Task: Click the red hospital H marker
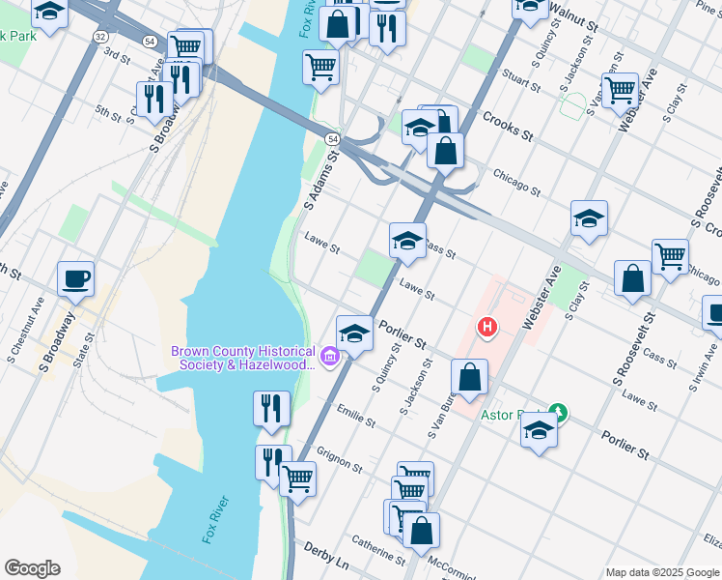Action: pyautogui.click(x=487, y=328)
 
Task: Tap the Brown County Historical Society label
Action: pyautogui.click(x=243, y=358)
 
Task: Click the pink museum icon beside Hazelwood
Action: pyautogui.click(x=330, y=358)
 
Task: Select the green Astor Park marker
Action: pyautogui.click(x=557, y=413)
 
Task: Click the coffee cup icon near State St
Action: pyautogui.click(x=75, y=279)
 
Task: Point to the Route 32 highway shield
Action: pyautogui.click(x=100, y=36)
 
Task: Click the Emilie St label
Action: pyautogui.click(x=356, y=418)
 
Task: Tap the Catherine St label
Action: pyautogui.click(x=377, y=550)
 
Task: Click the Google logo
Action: pyautogui.click(x=31, y=568)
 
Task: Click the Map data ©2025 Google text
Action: pyautogui.click(x=662, y=572)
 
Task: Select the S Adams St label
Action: pyautogui.click(x=322, y=178)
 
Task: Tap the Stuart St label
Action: pyautogui.click(x=521, y=80)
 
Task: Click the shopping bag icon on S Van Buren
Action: pyautogui.click(x=469, y=379)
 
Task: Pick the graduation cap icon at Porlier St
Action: pyautogui.click(x=355, y=335)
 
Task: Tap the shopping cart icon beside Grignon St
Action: pyautogui.click(x=297, y=478)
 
